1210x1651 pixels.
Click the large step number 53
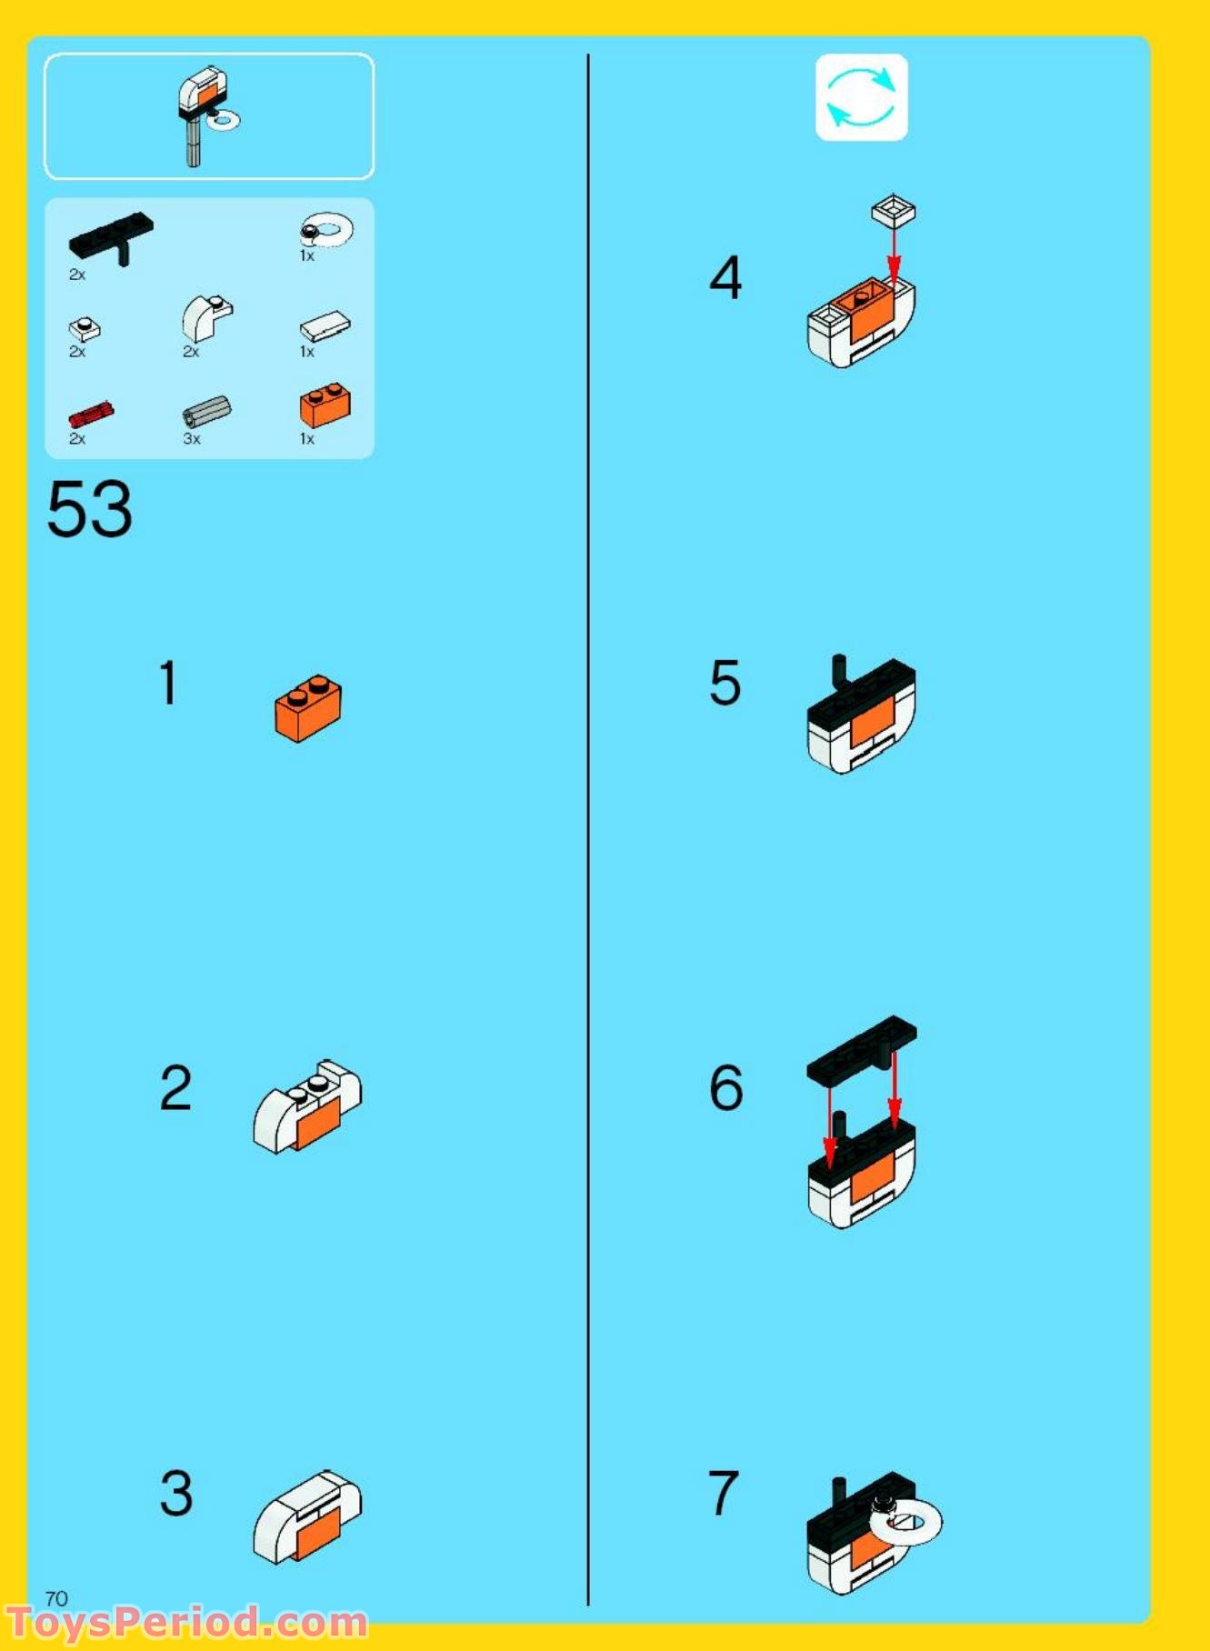[x=89, y=508]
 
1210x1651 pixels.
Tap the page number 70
[x=56, y=1597]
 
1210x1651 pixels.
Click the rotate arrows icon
[x=861, y=97]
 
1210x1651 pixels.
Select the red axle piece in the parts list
[x=91, y=414]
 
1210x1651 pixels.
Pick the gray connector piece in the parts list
[x=206, y=411]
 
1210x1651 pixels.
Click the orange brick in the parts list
[x=325, y=405]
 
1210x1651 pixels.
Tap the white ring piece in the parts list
[x=326, y=229]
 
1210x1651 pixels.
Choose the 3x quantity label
[x=191, y=438]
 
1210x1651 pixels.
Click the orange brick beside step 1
[x=308, y=708]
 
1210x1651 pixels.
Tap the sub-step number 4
[x=725, y=278]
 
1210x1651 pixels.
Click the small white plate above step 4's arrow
[x=894, y=211]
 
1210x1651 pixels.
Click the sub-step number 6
[x=725, y=1087]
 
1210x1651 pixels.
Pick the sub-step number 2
[x=175, y=1087]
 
